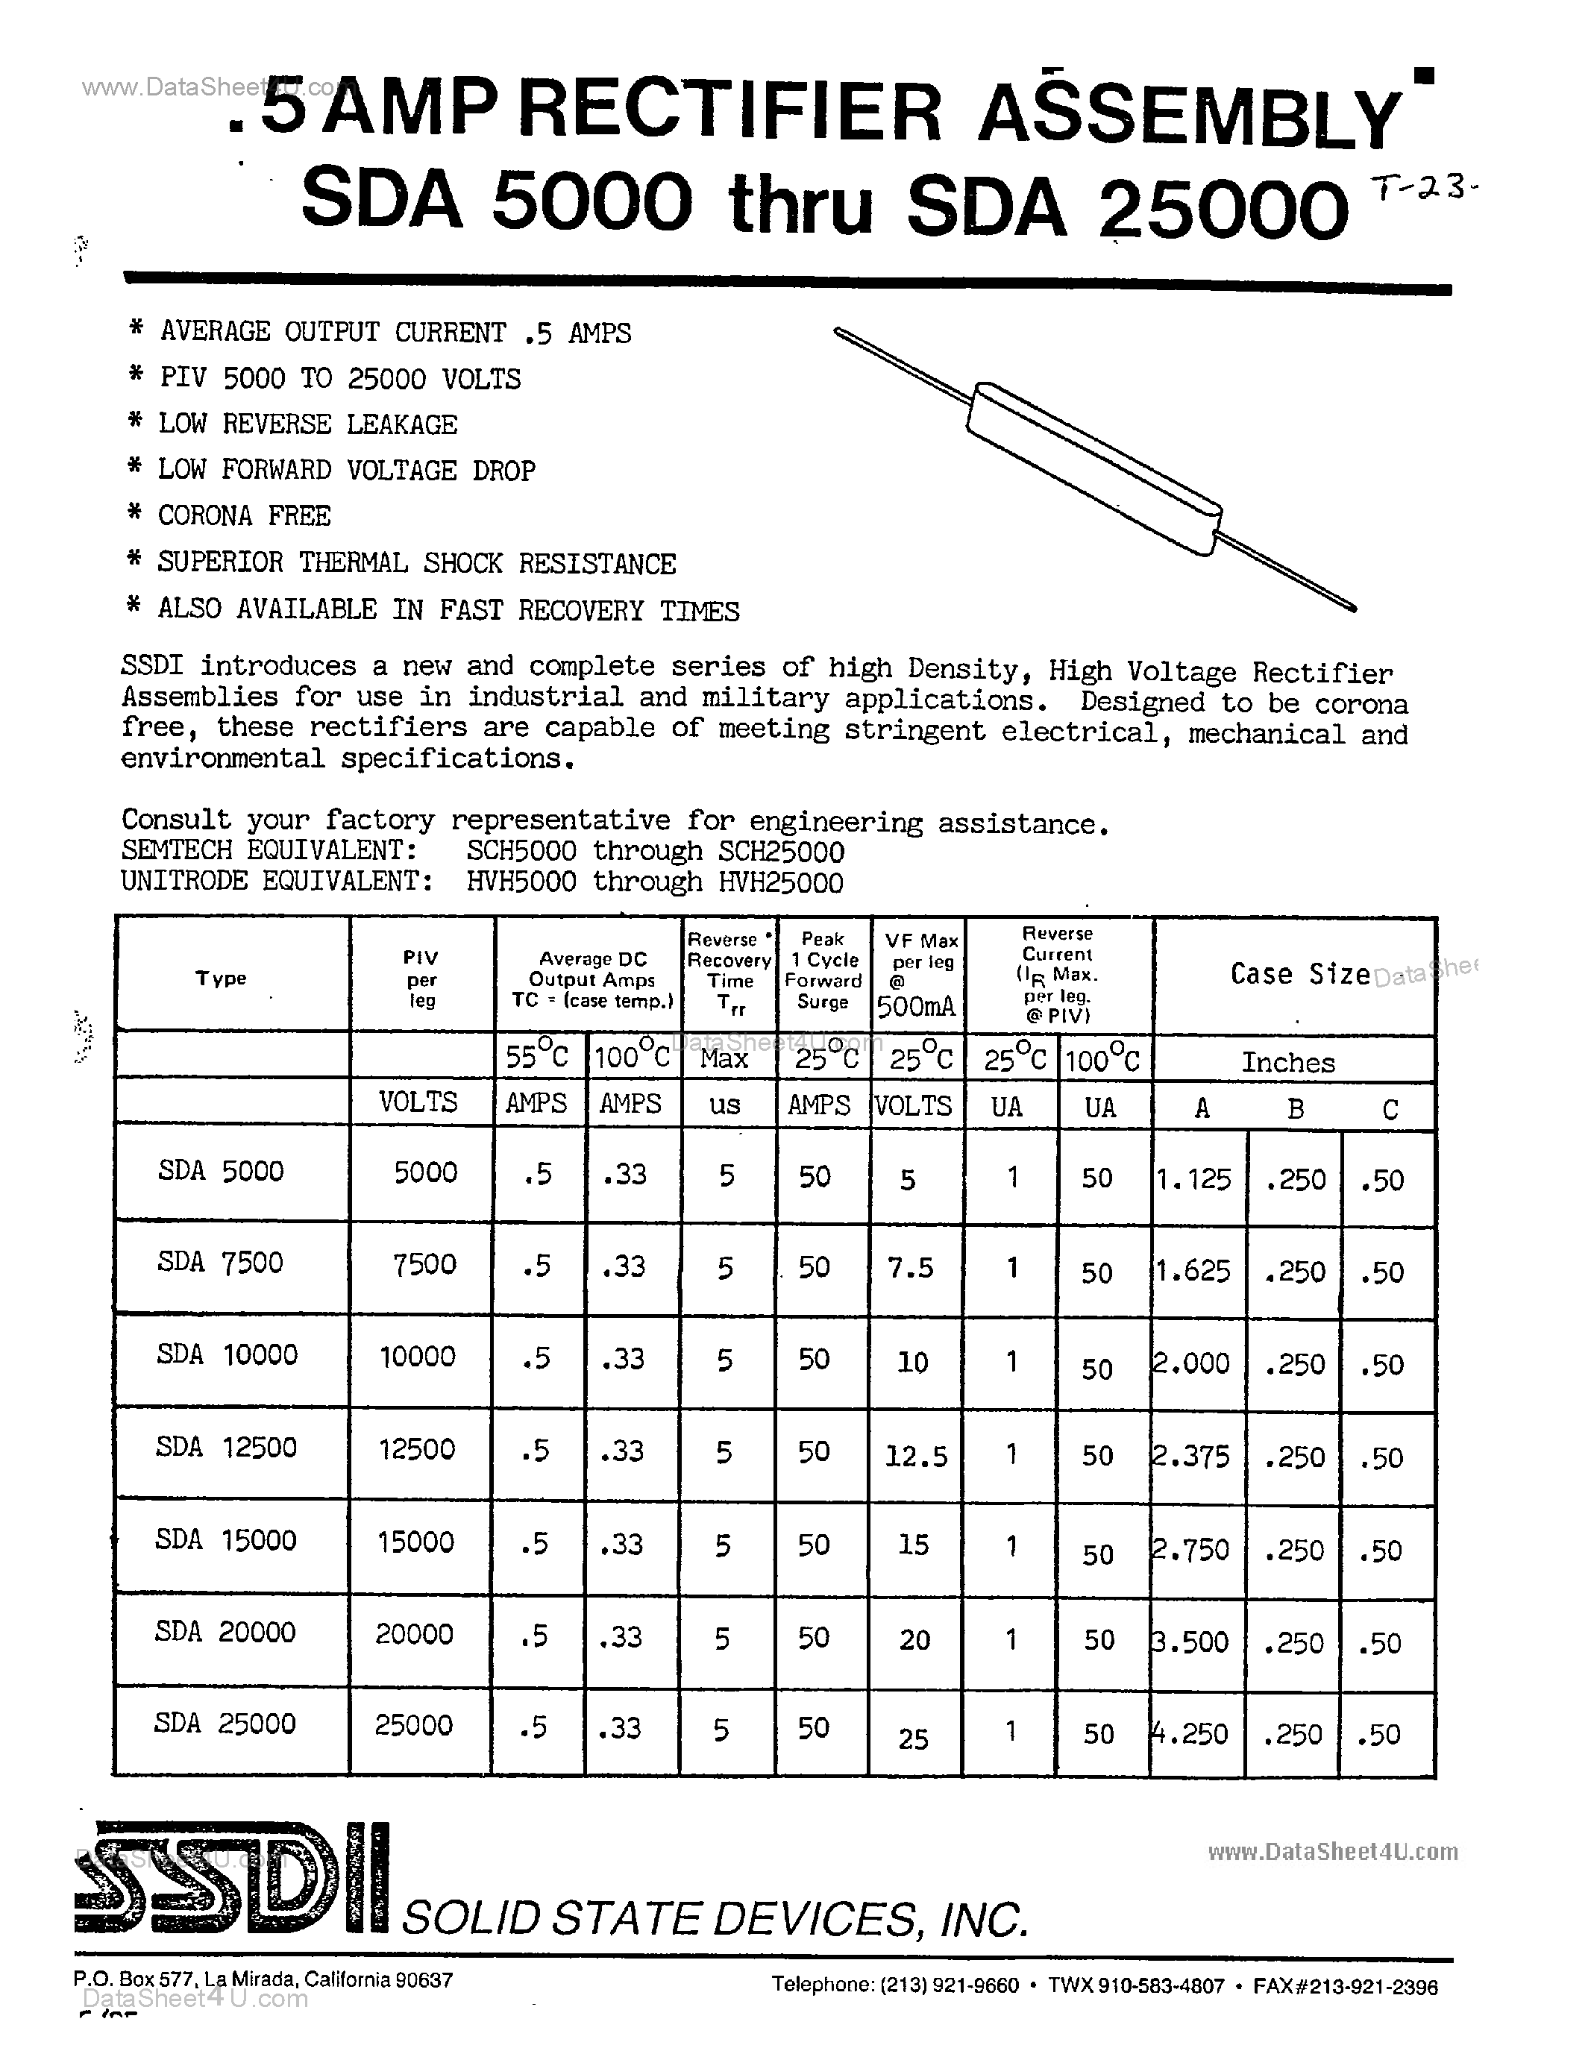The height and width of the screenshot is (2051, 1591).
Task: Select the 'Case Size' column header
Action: (x=1300, y=975)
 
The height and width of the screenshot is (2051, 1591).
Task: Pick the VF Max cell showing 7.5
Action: (x=910, y=1268)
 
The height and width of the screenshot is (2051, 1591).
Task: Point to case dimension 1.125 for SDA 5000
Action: (x=1195, y=1178)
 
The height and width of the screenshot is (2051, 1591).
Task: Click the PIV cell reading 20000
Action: (x=414, y=1634)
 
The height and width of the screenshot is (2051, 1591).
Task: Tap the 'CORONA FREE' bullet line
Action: (x=243, y=515)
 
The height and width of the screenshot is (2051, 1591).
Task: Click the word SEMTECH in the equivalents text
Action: (x=175, y=851)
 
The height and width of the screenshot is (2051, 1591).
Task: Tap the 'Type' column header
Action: (x=221, y=978)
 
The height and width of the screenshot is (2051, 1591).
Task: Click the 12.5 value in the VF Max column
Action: (x=916, y=1457)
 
